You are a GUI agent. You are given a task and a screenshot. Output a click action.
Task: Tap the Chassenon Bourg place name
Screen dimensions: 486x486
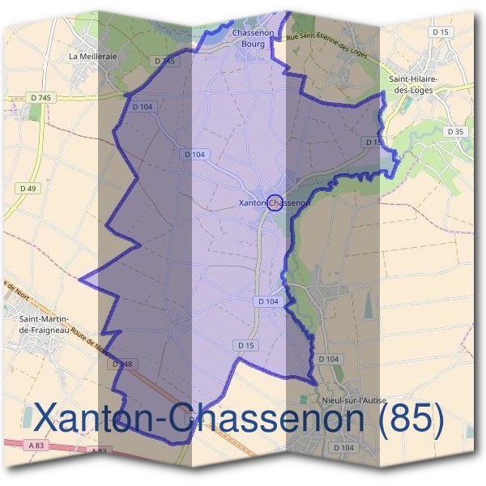(249, 39)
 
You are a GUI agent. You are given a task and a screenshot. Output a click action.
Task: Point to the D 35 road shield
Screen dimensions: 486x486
(455, 131)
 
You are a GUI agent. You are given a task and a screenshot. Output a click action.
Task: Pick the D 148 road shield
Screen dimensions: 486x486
(122, 364)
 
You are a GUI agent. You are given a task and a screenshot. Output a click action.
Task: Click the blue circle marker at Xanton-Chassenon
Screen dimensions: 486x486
(274, 202)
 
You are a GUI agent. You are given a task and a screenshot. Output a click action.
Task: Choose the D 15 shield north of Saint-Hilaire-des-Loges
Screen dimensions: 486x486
(441, 31)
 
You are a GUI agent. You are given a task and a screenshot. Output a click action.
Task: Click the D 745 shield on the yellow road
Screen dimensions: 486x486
(41, 98)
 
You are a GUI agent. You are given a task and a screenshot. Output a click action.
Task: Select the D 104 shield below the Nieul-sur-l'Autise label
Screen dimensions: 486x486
(343, 447)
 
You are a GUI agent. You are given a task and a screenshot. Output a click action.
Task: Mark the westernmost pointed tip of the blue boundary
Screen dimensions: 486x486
(79, 279)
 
